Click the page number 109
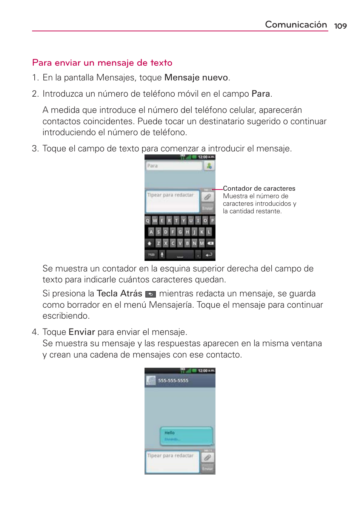(x=340, y=26)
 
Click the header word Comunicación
(x=295, y=25)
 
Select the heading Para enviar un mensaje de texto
(x=102, y=63)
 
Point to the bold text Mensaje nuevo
(x=196, y=78)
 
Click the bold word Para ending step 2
(x=261, y=94)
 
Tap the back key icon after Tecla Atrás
(x=151, y=294)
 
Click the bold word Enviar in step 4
(x=82, y=332)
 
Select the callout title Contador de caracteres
(x=259, y=188)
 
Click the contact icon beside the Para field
(x=209, y=166)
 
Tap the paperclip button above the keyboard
(x=208, y=197)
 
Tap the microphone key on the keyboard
(x=162, y=255)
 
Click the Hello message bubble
(x=186, y=436)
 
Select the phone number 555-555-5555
(x=173, y=381)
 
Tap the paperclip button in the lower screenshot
(x=208, y=458)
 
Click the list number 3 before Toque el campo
(x=35, y=149)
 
